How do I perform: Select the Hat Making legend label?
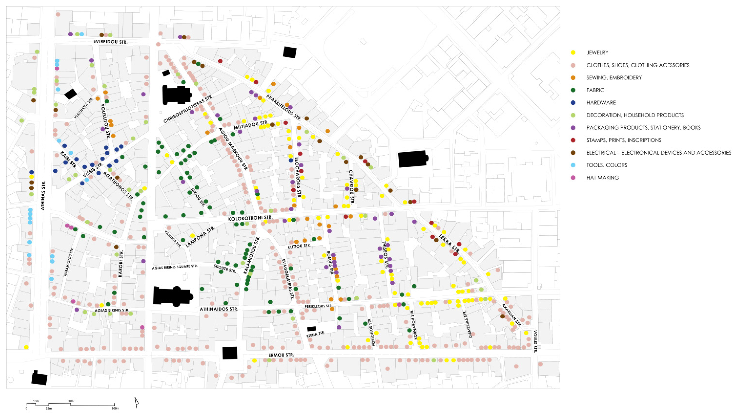[x=603, y=178]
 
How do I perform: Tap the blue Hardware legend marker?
[x=573, y=103]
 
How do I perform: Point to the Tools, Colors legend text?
[x=606, y=165]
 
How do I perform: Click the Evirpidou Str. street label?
[x=110, y=42]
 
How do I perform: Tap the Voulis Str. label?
[x=535, y=341]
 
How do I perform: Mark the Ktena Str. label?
[x=316, y=334]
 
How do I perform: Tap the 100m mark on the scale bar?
[x=115, y=408]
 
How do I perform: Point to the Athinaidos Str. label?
[x=219, y=309]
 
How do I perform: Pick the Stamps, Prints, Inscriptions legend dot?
[x=573, y=140]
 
